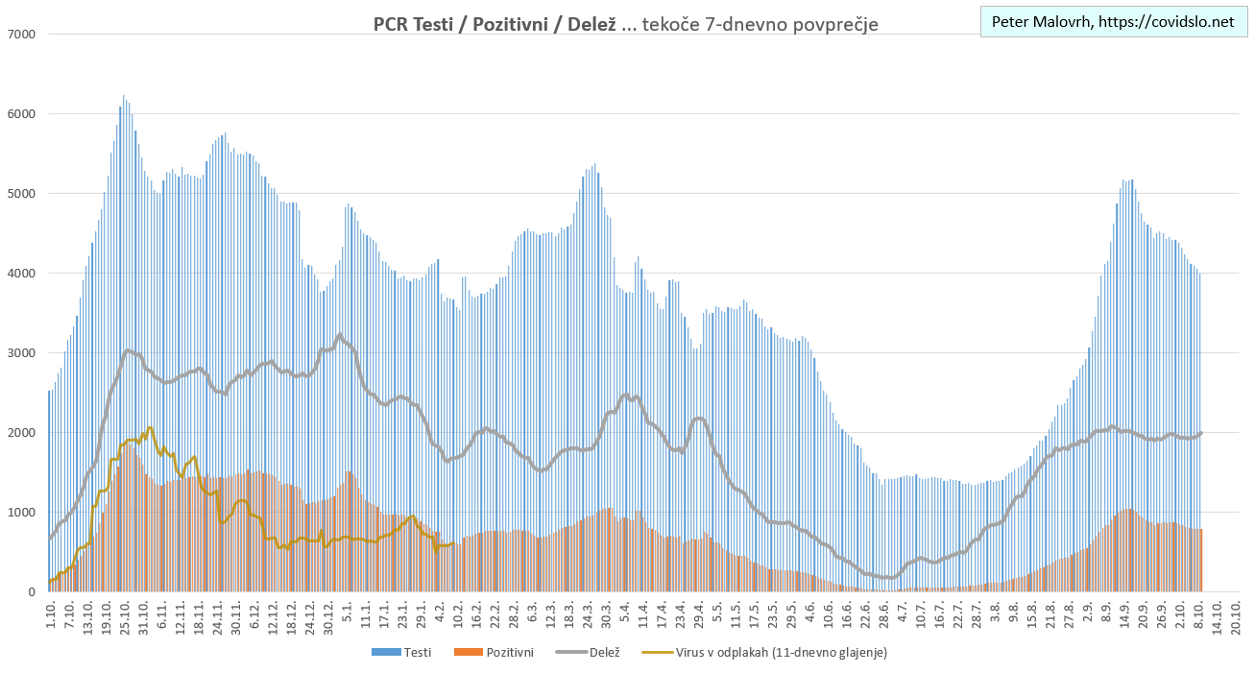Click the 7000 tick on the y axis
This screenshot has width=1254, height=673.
tap(21, 35)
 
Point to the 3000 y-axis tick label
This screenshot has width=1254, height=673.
tap(21, 353)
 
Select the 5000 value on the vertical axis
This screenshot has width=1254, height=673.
tap(21, 194)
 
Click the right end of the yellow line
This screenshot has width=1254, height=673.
tap(454, 544)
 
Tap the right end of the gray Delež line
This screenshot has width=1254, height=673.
tap(1201, 433)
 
